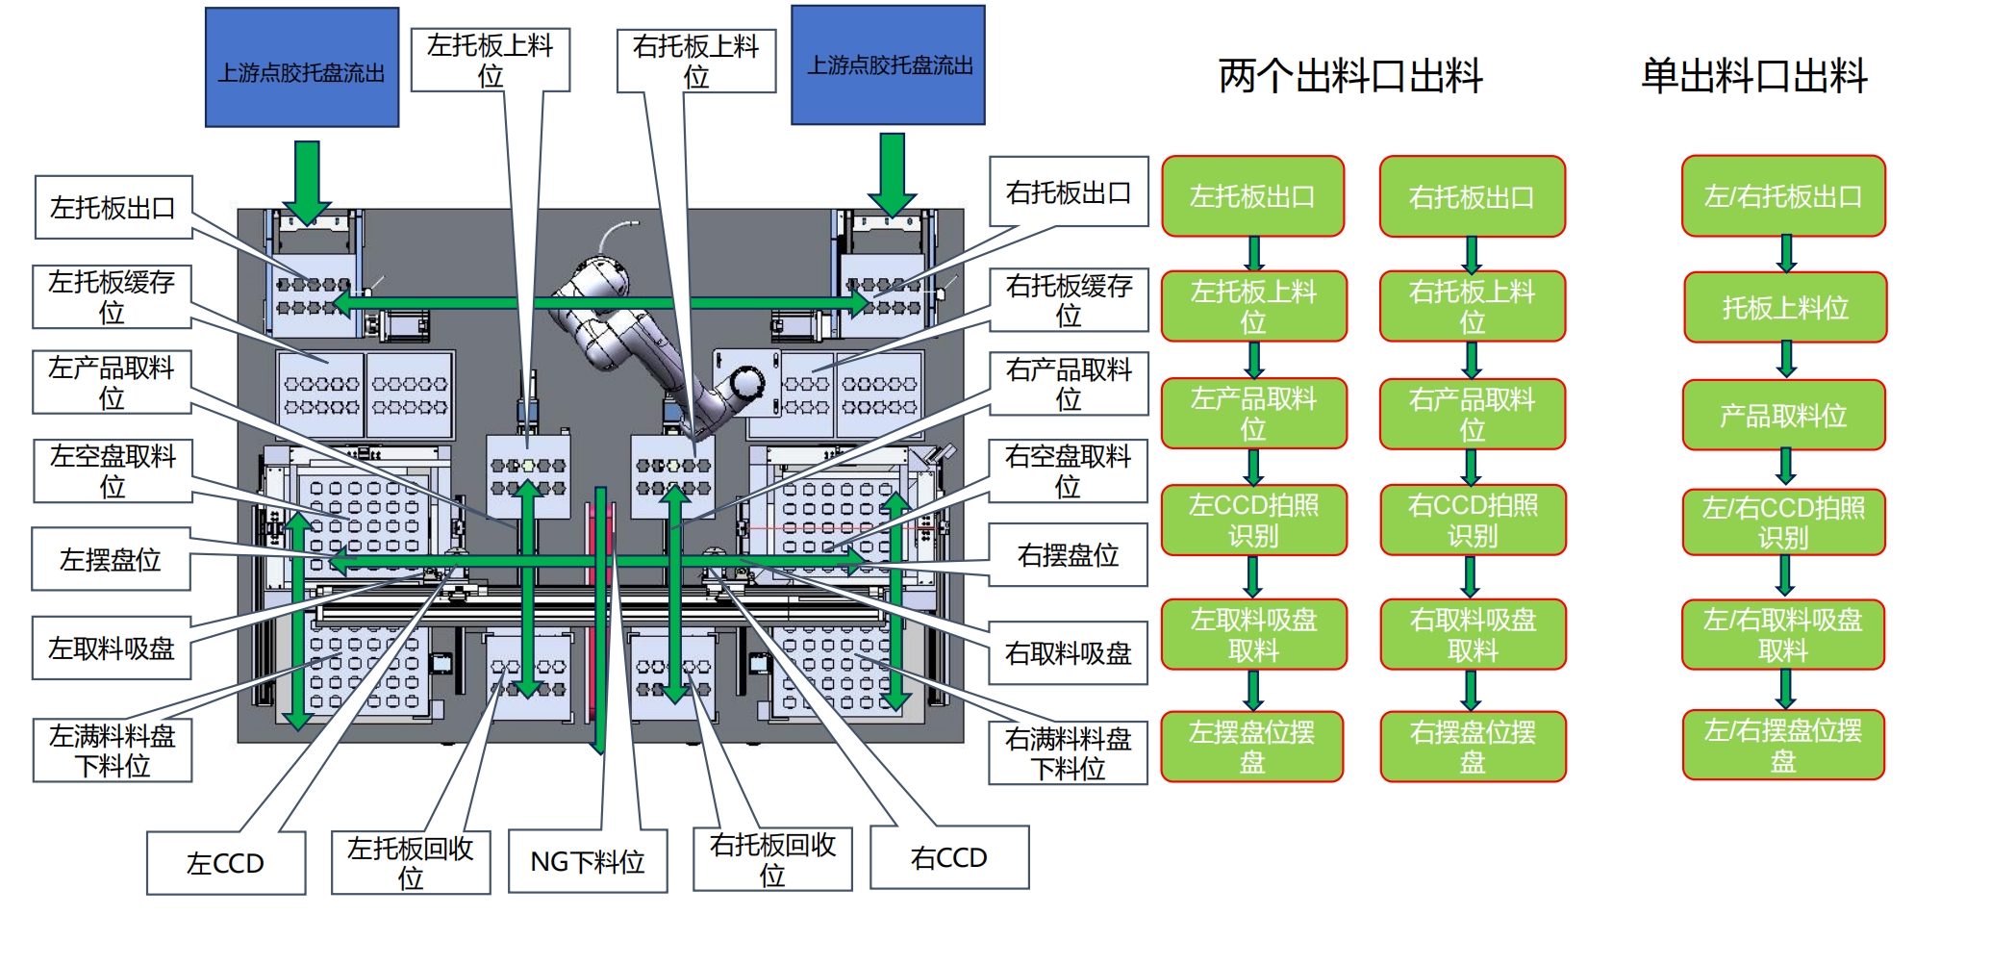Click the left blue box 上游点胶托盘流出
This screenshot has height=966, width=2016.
tap(301, 67)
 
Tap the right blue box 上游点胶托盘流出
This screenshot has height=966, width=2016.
tap(888, 65)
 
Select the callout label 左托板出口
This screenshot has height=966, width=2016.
tap(113, 207)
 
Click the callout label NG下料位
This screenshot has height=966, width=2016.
tap(587, 861)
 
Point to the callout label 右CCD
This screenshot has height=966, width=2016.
tap(948, 857)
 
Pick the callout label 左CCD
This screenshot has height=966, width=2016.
tap(225, 863)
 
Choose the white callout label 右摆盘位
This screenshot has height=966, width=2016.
tap(1068, 555)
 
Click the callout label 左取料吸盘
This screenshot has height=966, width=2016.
tap(111, 648)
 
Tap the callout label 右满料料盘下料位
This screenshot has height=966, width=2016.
tap(1068, 753)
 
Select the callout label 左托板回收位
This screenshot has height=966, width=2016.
tap(411, 862)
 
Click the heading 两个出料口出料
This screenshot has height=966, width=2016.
tap(1349, 76)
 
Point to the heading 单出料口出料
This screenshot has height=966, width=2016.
tap(1753, 76)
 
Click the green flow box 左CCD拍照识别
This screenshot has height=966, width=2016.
tap(1252, 521)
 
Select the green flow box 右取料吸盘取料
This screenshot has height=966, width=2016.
tap(1473, 635)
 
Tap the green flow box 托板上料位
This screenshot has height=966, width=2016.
tap(1785, 308)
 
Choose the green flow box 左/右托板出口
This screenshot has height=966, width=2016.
tap(1783, 196)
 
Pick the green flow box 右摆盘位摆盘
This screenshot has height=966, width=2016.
tap(1473, 747)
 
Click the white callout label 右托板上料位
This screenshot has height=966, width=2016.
tap(695, 61)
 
